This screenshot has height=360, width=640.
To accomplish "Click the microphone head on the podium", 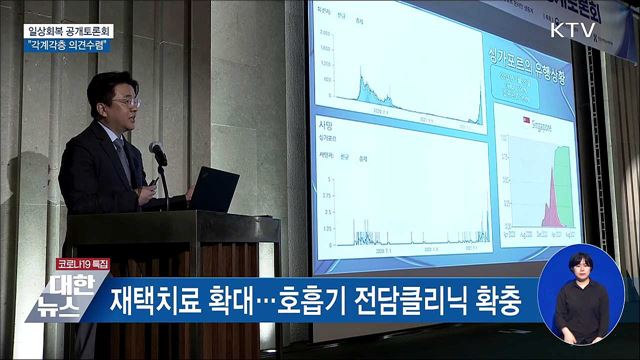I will click(157, 151).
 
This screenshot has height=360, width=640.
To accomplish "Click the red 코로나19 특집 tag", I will click(82, 263).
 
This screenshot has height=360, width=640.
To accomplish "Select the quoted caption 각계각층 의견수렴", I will click(67, 45).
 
